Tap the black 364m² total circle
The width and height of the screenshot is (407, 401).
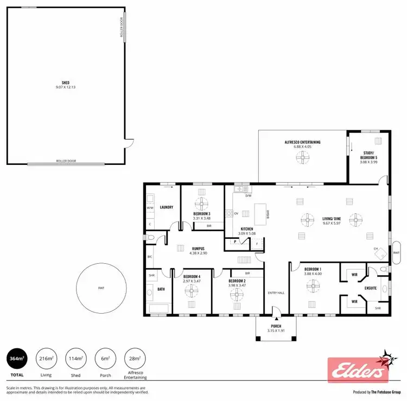(x=18, y=358)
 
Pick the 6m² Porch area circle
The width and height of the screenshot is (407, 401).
(x=105, y=358)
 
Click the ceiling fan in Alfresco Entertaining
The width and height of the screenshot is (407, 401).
(x=302, y=157)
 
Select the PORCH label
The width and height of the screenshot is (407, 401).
(x=277, y=327)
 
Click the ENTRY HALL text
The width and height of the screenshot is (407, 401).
(x=276, y=293)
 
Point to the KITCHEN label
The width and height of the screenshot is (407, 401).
(x=247, y=229)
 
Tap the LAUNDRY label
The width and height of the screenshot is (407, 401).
(x=166, y=207)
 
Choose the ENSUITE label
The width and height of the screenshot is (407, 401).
(x=371, y=288)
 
